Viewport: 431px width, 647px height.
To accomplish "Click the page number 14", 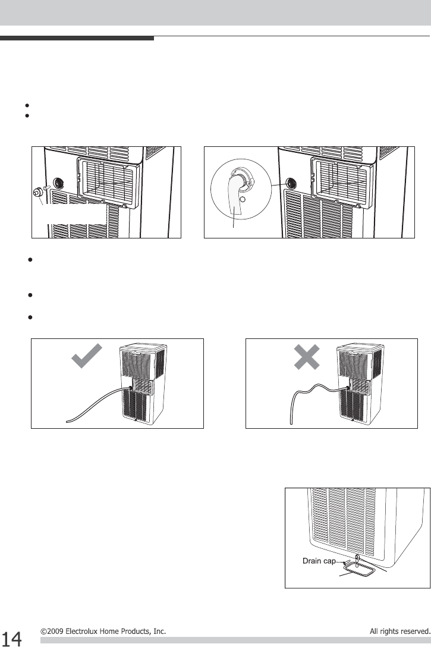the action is pyautogui.click(x=11, y=638).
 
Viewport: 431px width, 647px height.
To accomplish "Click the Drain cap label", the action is pyautogui.click(x=319, y=561).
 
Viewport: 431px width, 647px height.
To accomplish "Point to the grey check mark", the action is pyautogui.click(x=87, y=355).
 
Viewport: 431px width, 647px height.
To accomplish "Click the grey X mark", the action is pyautogui.click(x=307, y=357).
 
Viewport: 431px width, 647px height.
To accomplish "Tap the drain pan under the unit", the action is pyautogui.click(x=358, y=571).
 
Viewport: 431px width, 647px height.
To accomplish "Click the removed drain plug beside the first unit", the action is pyautogui.click(x=37, y=192).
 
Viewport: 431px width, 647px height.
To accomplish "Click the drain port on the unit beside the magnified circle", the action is pyautogui.click(x=291, y=183).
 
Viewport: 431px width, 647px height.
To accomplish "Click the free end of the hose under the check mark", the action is pyautogui.click(x=67, y=422).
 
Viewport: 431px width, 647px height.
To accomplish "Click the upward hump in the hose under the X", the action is pyautogui.click(x=317, y=386).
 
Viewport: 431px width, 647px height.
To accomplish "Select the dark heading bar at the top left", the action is pyautogui.click(x=77, y=39).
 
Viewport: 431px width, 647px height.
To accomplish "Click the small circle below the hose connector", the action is pyautogui.click(x=243, y=199).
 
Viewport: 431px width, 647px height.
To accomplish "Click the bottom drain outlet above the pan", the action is pyautogui.click(x=357, y=558).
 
